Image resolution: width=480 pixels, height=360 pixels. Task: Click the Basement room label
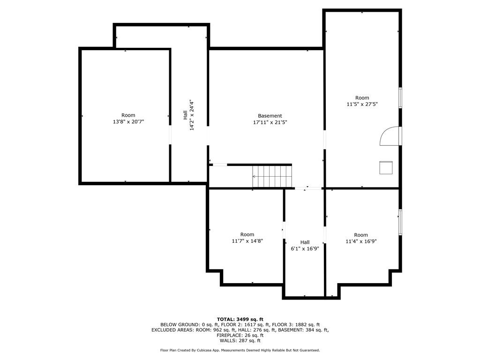(270, 116)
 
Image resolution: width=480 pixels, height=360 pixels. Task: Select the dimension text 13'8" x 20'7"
(128, 121)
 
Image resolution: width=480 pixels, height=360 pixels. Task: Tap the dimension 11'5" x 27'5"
(362, 104)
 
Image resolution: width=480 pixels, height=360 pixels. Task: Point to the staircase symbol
(272, 176)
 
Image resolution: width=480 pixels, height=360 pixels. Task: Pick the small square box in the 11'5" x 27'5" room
(386, 167)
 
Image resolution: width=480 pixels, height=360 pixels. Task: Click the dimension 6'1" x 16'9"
(305, 248)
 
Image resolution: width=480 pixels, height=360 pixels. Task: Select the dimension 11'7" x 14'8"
(247, 241)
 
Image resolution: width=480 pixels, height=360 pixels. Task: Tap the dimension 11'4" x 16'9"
(361, 241)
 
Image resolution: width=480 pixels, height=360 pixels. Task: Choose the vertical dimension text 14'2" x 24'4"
(192, 115)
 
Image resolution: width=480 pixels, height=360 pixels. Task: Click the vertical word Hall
(185, 115)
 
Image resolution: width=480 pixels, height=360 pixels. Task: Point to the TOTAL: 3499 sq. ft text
(240, 319)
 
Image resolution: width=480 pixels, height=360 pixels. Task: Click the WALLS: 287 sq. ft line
(240, 340)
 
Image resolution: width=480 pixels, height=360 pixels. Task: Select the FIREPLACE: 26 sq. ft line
(240, 335)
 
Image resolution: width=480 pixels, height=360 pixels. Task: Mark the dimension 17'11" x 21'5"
(270, 122)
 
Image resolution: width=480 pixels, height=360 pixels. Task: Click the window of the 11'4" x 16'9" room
(400, 222)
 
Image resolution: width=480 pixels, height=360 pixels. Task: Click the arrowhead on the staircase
(254, 176)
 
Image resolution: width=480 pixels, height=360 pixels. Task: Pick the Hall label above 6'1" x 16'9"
(305, 242)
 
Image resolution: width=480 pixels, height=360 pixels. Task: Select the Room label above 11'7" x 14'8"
(247, 234)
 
